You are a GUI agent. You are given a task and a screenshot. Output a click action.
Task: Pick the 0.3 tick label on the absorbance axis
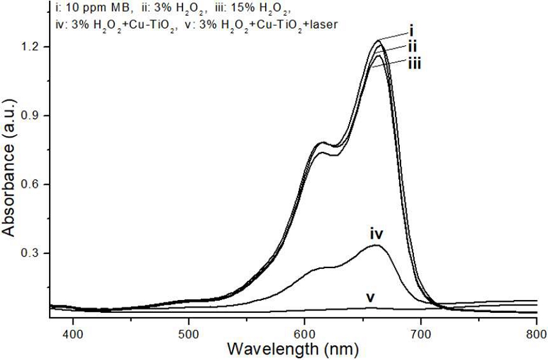[32, 253]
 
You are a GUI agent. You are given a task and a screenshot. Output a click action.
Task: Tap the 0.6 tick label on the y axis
[32, 184]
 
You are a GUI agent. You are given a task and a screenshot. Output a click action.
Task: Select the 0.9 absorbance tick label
[32, 115]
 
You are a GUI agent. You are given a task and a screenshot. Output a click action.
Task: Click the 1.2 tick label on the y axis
[32, 47]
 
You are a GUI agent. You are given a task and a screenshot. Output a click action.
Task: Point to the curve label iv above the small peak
[376, 233]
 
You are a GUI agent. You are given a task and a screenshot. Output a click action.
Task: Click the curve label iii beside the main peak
[414, 63]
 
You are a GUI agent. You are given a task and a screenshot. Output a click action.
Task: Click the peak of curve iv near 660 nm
[376, 246]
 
